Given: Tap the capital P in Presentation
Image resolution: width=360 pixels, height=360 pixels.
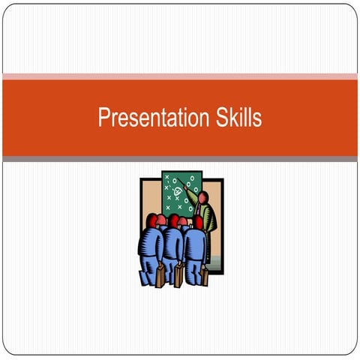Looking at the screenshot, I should point(103,118).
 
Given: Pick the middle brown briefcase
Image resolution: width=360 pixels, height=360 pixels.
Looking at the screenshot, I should point(178,275).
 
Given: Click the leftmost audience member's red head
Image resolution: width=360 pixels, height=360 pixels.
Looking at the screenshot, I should point(153,220).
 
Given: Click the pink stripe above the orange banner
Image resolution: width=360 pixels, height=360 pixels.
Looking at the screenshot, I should point(180,76).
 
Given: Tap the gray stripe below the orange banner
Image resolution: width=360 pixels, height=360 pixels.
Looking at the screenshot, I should point(180,159).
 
